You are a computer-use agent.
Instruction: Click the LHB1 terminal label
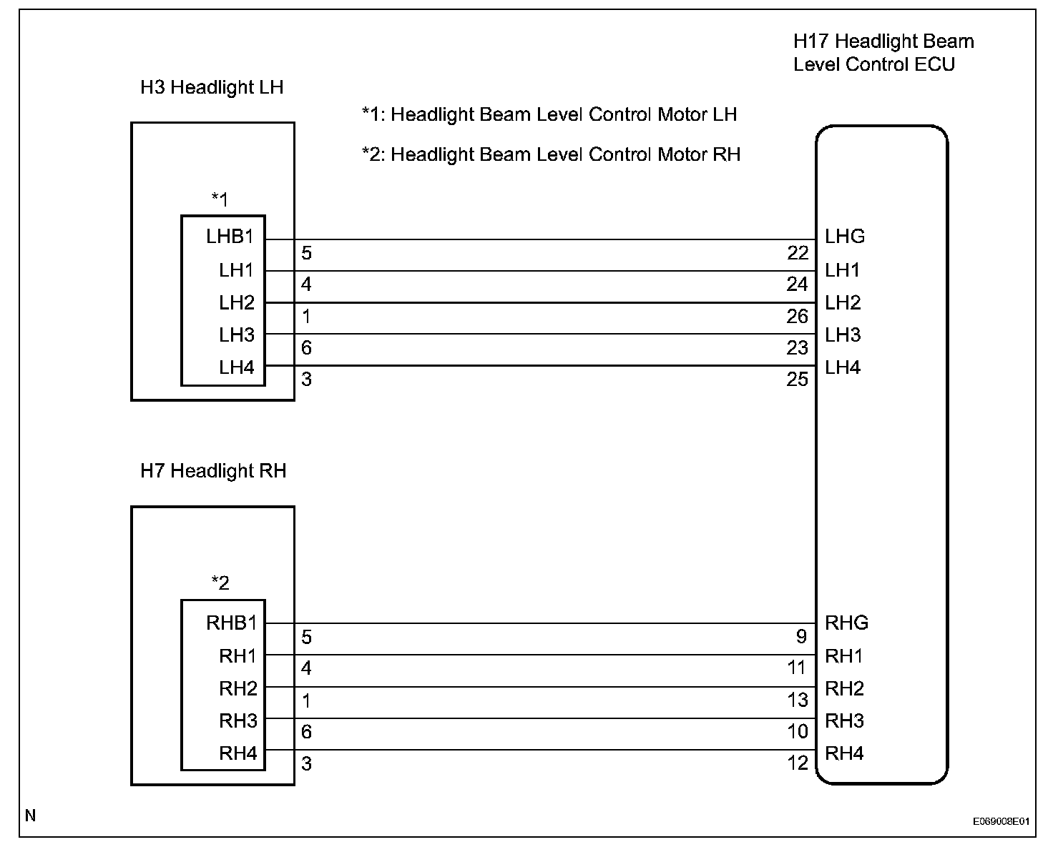[230, 237]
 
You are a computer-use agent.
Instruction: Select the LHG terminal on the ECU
[844, 237]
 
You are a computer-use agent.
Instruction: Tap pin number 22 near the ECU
[798, 253]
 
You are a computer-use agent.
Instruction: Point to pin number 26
[798, 317]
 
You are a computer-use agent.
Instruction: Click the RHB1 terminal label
[231, 623]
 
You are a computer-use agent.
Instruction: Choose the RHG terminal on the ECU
[846, 623]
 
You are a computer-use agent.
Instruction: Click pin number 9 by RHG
[801, 637]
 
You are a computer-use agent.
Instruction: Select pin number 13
[798, 700]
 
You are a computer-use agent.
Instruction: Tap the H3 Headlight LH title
[212, 87]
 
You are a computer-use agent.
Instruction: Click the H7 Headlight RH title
[213, 471]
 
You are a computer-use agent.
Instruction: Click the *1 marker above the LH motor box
[220, 199]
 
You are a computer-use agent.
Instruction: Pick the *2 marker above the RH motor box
[220, 583]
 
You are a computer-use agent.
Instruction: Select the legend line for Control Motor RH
[551, 154]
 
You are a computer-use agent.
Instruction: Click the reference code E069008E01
[1001, 822]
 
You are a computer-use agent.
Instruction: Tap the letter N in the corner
[30, 816]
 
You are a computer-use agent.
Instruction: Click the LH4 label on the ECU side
[842, 368]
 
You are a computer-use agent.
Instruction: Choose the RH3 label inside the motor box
[237, 720]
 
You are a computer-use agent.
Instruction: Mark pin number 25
[798, 380]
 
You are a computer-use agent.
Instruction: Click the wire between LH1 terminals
[544, 271]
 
